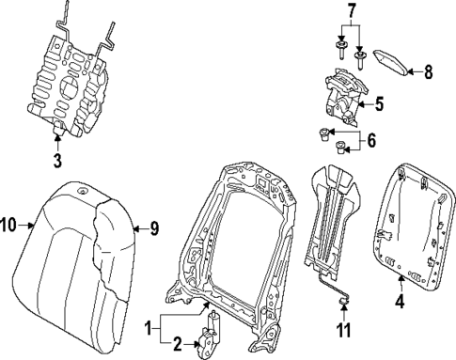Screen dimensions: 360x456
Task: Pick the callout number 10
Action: [x=9, y=224]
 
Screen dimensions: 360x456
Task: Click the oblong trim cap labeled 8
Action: [x=392, y=63]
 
